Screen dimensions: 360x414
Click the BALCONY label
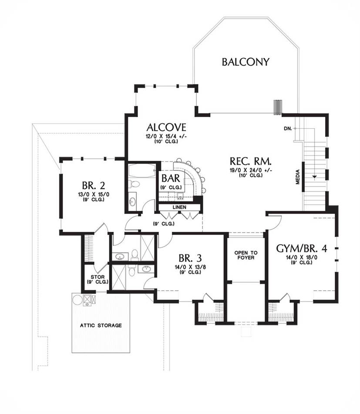(246, 62)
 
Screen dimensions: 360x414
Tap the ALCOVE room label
(166, 127)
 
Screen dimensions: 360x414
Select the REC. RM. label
(250, 161)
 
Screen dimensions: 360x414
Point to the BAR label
(171, 179)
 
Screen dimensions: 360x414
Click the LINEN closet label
(179, 207)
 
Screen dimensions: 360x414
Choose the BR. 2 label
(93, 185)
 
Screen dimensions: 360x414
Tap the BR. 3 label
(190, 258)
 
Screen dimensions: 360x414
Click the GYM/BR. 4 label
(302, 248)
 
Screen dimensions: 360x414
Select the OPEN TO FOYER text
(246, 255)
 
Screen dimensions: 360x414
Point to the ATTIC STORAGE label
(101, 325)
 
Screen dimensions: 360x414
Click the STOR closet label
(98, 277)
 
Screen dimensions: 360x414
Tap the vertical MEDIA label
(298, 176)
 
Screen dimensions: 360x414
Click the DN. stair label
(288, 129)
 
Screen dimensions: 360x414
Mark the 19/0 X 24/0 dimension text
(251, 170)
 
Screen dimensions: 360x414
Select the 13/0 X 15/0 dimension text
(94, 195)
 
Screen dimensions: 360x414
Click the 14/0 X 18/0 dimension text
(302, 258)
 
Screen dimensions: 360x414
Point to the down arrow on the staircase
(314, 176)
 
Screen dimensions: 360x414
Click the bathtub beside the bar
(141, 171)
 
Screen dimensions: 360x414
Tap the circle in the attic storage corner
(77, 300)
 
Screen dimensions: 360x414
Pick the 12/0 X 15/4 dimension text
(166, 136)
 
